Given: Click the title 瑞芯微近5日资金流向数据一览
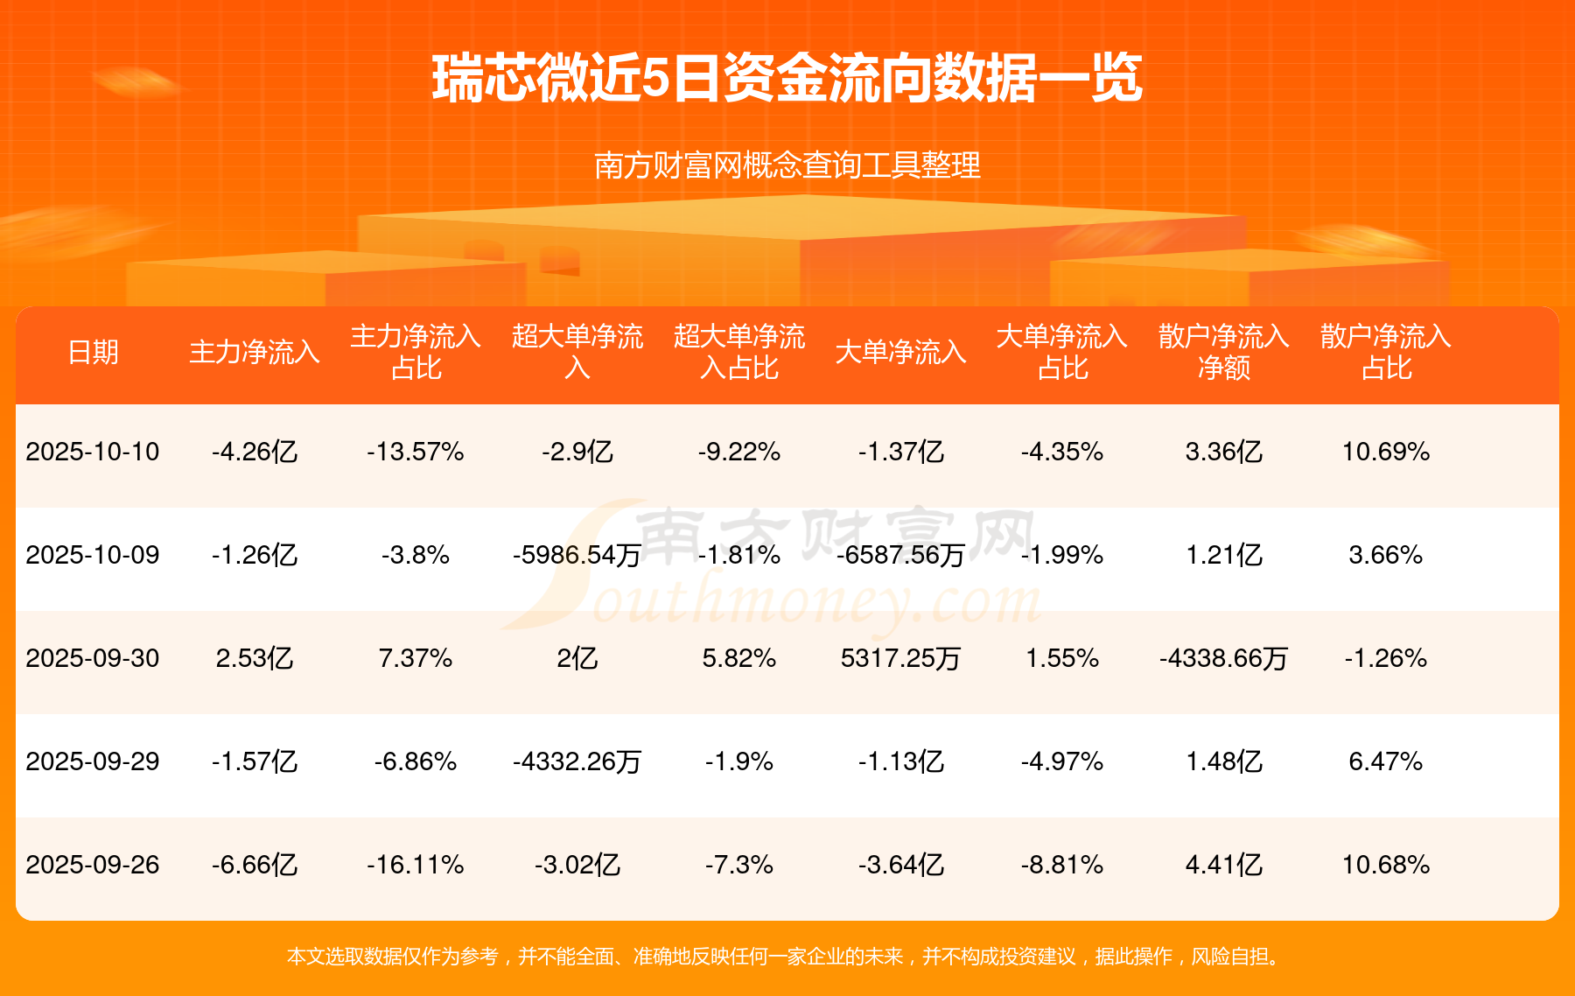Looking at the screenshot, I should (x=787, y=79).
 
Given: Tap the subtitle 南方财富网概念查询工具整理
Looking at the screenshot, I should (x=787, y=165).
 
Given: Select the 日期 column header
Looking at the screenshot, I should (x=93, y=352).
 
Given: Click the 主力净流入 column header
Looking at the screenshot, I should (x=255, y=352).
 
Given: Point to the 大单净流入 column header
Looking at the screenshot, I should (x=900, y=352).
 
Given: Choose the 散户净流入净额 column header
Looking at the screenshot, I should (x=1223, y=352).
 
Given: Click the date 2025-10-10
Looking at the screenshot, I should (x=93, y=452).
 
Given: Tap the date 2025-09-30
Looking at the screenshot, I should (x=93, y=658).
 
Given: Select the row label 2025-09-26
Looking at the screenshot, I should (x=93, y=865).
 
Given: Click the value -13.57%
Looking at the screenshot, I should (x=416, y=452).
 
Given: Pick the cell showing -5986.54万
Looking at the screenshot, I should (x=577, y=555).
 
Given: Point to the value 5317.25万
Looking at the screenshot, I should (x=900, y=658).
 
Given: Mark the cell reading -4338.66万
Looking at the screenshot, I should (x=1223, y=658).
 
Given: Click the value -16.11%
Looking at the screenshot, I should (x=416, y=865).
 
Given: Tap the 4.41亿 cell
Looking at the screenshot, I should (x=1223, y=865).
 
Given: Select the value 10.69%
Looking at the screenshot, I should (x=1386, y=452).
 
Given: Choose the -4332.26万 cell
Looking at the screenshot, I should (x=577, y=761).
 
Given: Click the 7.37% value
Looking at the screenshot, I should (x=416, y=658).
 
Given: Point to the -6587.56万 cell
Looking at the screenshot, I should (x=900, y=555).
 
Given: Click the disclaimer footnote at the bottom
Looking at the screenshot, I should (x=787, y=957).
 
